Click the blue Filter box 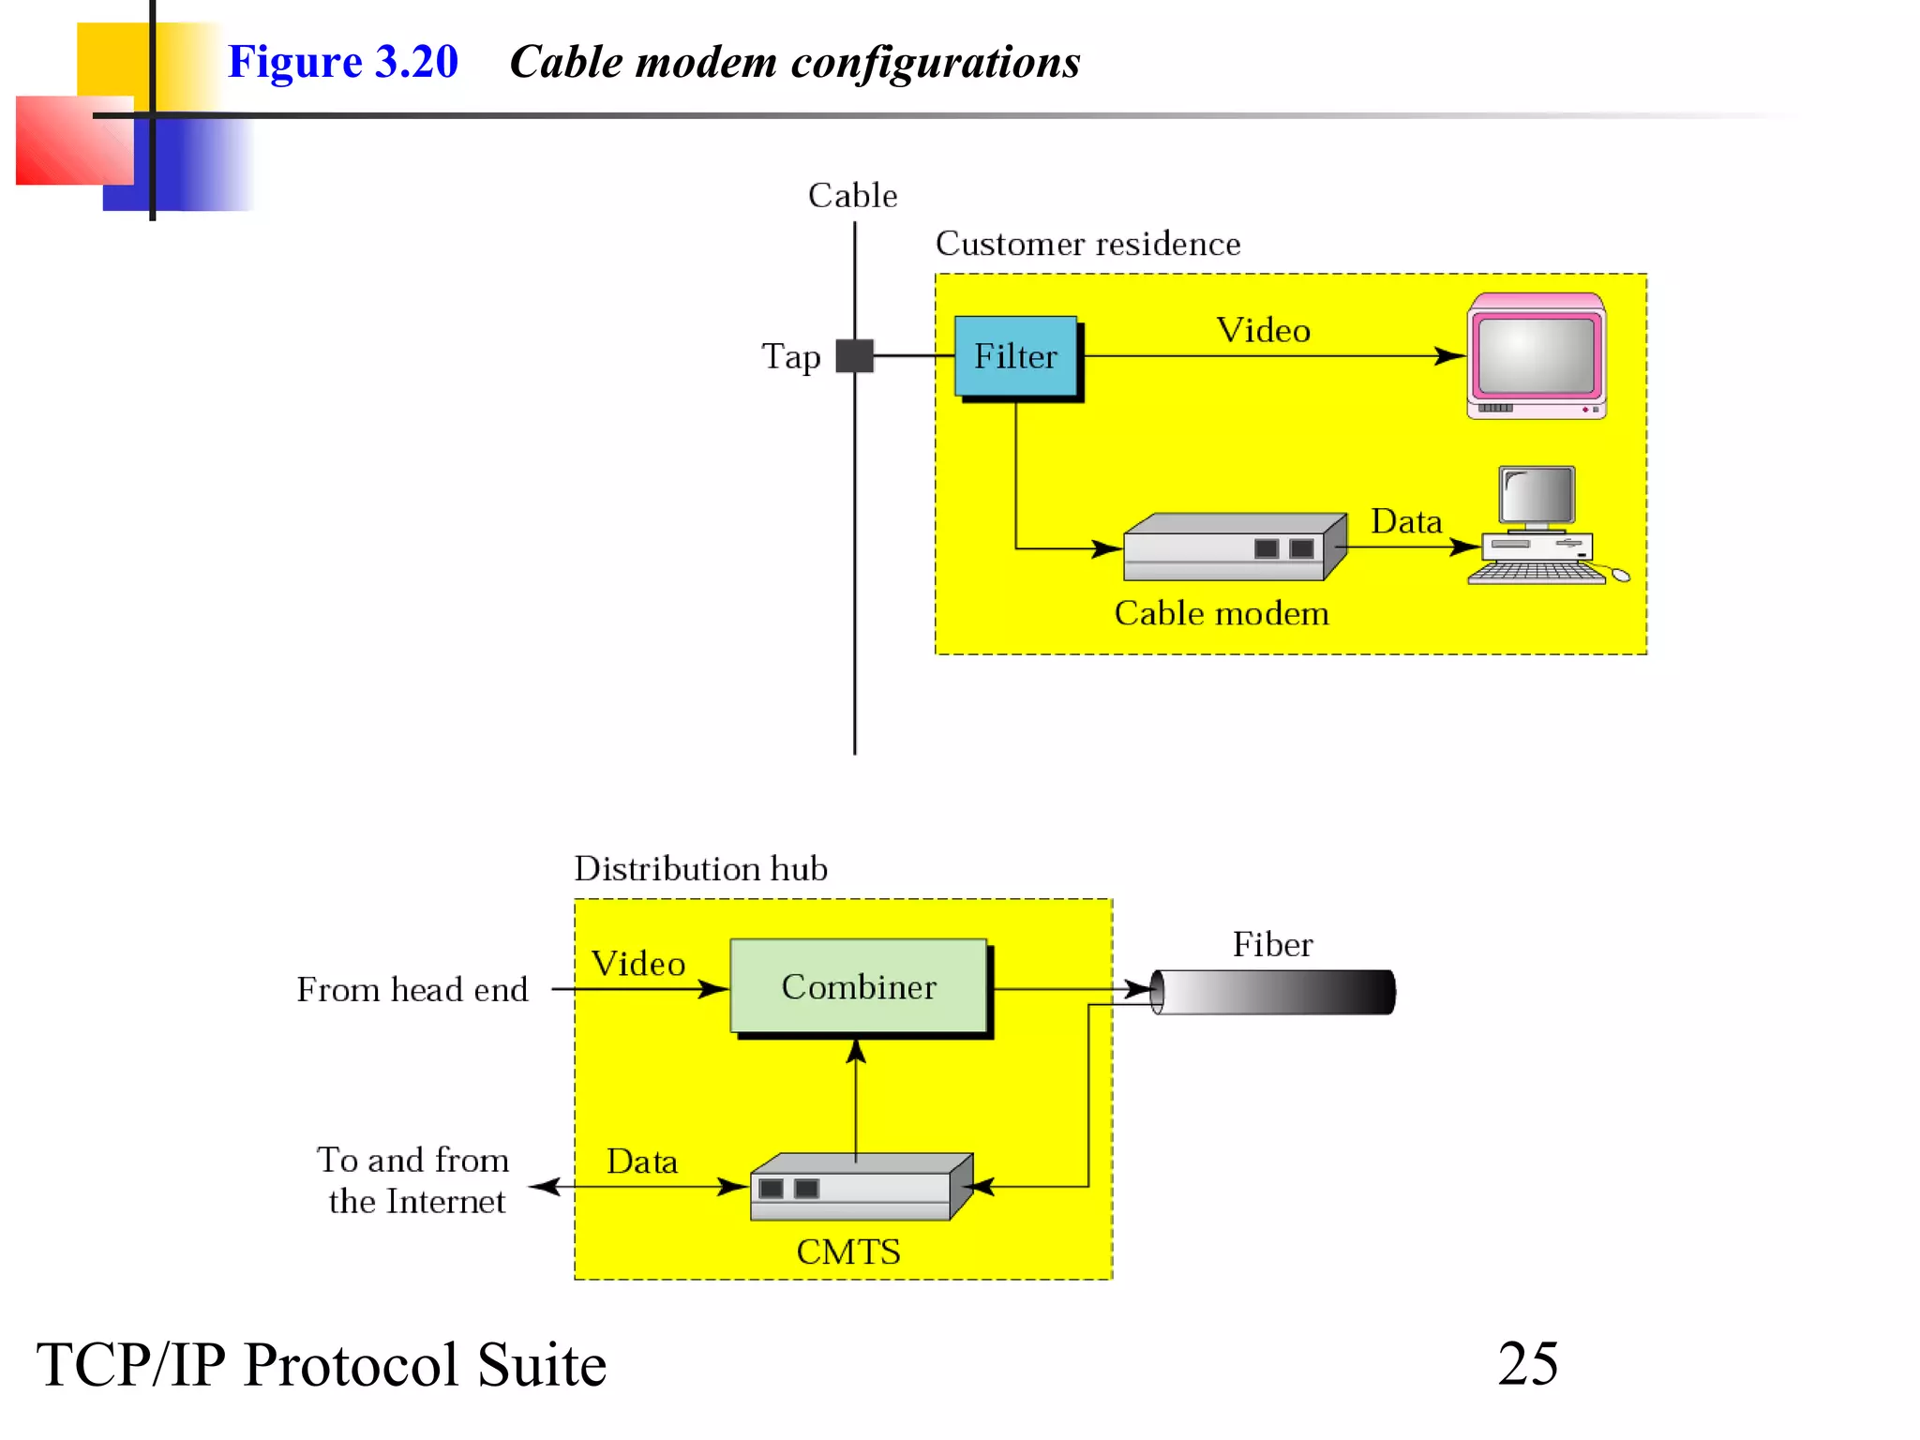[x=1015, y=356]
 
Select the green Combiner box [x=859, y=986]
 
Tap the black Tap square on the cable [x=854, y=356]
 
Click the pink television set [x=1536, y=356]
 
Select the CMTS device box [x=859, y=1187]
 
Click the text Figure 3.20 [x=343, y=62]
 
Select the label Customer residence [x=1087, y=244]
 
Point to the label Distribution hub [x=700, y=868]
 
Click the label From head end [x=412, y=989]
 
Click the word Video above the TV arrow [x=1263, y=330]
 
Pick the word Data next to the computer [x=1405, y=521]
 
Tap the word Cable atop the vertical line [x=852, y=195]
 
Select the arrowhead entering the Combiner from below [x=856, y=1052]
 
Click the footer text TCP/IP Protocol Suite [x=322, y=1364]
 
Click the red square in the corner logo [x=73, y=141]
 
